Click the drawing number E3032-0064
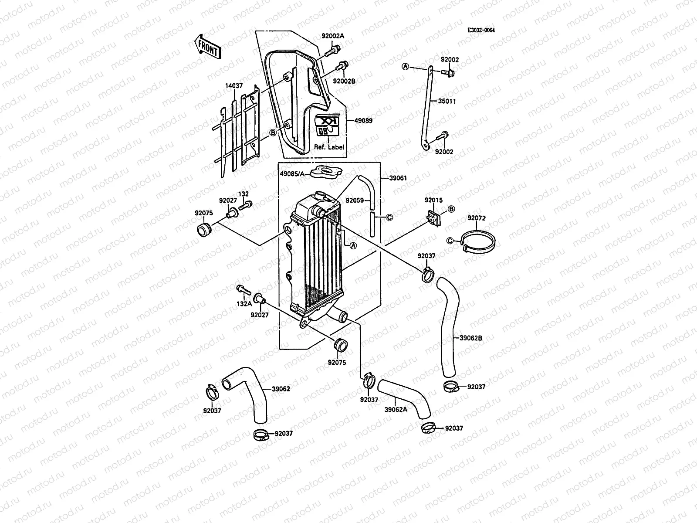481,30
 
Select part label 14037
234,86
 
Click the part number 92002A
333,36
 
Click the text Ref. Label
329,147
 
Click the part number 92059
354,201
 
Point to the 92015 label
433,200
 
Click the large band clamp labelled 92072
480,241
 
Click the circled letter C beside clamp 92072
451,240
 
